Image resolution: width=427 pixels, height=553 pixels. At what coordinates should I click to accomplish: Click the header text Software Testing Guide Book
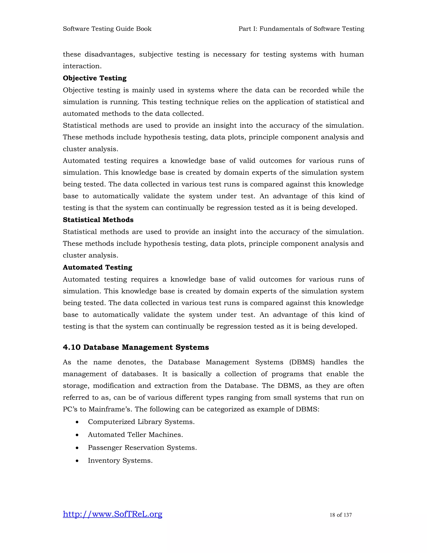coord(107,29)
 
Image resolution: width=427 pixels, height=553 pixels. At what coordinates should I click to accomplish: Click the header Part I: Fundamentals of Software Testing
coord(301,29)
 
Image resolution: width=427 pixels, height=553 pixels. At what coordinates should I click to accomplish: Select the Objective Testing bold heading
coord(95,78)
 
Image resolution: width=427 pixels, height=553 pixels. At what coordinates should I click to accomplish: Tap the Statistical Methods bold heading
coord(98,220)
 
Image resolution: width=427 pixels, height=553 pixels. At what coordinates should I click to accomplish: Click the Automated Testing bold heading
coord(97,267)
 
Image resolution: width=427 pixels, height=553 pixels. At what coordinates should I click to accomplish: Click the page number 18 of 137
coord(340,515)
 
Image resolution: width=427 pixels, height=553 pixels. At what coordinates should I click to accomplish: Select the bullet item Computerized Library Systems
coord(141,422)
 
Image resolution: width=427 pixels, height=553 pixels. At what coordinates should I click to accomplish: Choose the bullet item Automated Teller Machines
coord(135,435)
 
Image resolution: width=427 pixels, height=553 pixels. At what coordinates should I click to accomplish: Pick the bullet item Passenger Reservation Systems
coord(142,448)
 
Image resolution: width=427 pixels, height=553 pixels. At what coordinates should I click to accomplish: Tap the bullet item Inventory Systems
coord(120,461)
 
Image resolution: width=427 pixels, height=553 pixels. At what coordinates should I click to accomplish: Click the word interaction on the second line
coord(82,66)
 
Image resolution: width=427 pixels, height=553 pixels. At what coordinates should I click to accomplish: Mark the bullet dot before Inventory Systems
coord(77,461)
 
